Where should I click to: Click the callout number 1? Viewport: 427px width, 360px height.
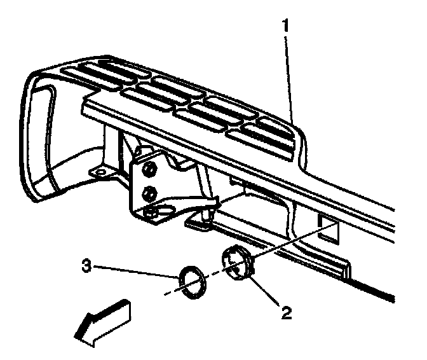(286, 27)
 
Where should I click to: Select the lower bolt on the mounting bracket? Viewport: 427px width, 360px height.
(149, 191)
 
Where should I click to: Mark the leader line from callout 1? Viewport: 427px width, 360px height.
(289, 76)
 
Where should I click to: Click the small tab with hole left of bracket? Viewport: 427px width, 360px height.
(98, 172)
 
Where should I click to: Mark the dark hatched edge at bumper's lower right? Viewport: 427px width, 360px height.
(381, 292)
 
